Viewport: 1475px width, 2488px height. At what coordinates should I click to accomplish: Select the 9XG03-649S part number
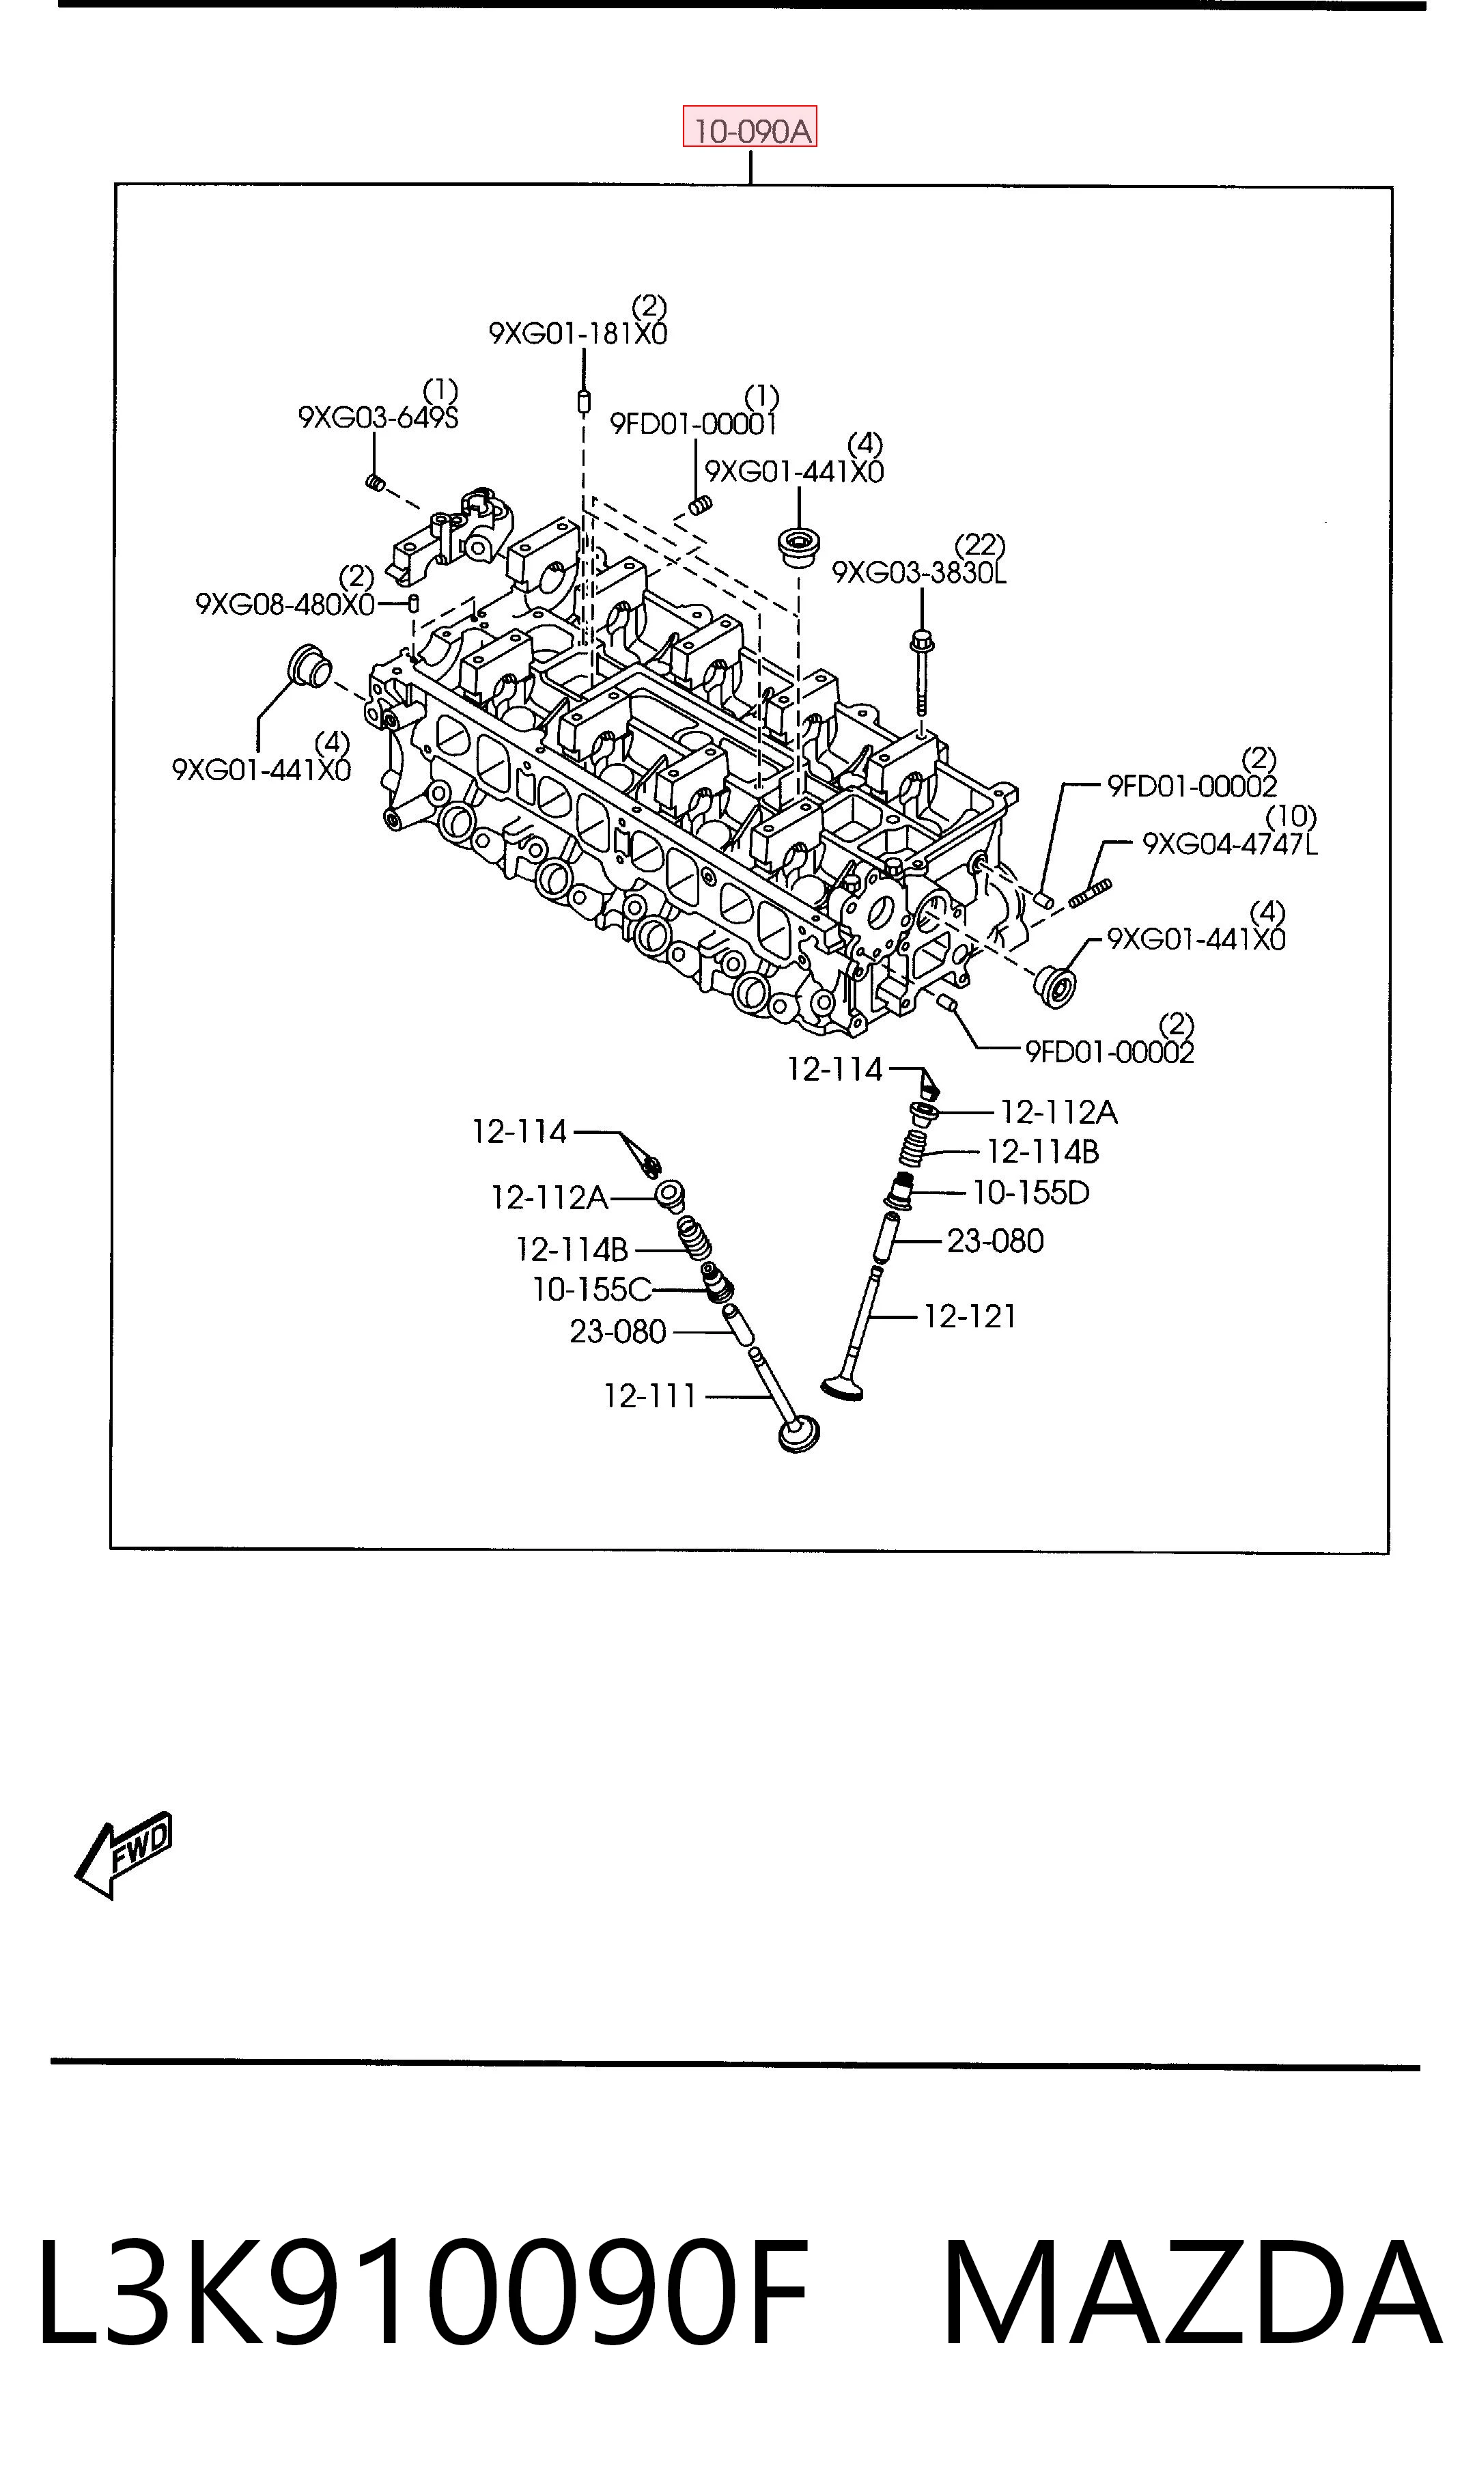click(x=379, y=417)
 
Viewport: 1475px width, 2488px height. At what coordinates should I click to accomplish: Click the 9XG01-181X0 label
click(x=578, y=334)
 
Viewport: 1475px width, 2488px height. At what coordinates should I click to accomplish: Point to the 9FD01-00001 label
click(x=693, y=424)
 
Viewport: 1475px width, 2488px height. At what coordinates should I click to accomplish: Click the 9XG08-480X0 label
click(x=285, y=605)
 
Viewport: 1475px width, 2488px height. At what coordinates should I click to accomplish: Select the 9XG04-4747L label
click(x=1229, y=844)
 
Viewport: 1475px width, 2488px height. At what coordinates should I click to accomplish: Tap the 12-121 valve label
click(x=970, y=1317)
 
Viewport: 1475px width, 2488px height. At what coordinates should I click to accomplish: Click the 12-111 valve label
click(x=650, y=1396)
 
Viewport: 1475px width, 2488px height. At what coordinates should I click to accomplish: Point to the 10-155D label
click(x=1030, y=1192)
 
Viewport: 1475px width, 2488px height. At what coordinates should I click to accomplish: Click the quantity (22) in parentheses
click(x=980, y=544)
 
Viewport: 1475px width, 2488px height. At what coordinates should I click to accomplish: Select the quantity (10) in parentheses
click(x=1291, y=816)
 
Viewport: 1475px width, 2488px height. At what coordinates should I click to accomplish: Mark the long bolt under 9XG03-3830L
click(x=921, y=671)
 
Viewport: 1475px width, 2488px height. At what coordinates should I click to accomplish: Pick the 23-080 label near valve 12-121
click(x=995, y=1241)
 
